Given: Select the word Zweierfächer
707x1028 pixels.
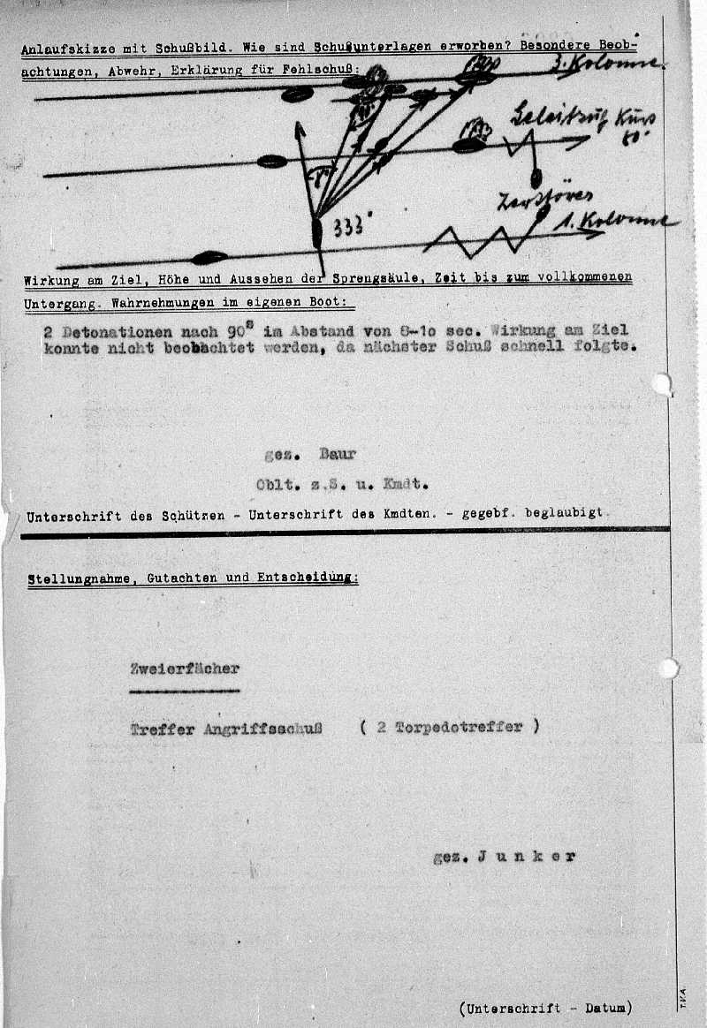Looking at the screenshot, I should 184,668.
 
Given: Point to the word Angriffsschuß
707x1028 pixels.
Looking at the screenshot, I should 263,729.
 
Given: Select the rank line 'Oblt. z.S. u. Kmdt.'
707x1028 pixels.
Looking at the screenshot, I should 341,484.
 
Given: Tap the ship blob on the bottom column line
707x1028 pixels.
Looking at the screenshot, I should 209,258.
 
